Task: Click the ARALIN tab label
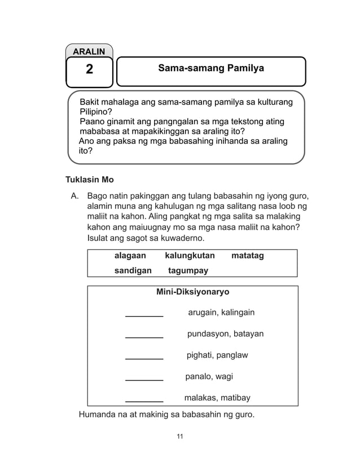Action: (89, 51)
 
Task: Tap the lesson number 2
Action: (89, 70)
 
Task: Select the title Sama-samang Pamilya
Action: (211, 69)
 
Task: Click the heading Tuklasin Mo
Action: (90, 180)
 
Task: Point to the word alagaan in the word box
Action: (130, 256)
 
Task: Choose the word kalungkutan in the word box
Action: (190, 256)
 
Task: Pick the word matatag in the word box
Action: (247, 256)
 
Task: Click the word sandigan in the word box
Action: (133, 270)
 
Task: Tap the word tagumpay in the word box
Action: (188, 270)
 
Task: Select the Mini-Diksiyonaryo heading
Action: (192, 292)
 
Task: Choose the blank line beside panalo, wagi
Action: (144, 379)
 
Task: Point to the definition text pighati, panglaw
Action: (217, 355)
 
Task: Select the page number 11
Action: (180, 436)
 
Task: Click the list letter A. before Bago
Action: (74, 196)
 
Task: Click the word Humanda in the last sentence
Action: (99, 416)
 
